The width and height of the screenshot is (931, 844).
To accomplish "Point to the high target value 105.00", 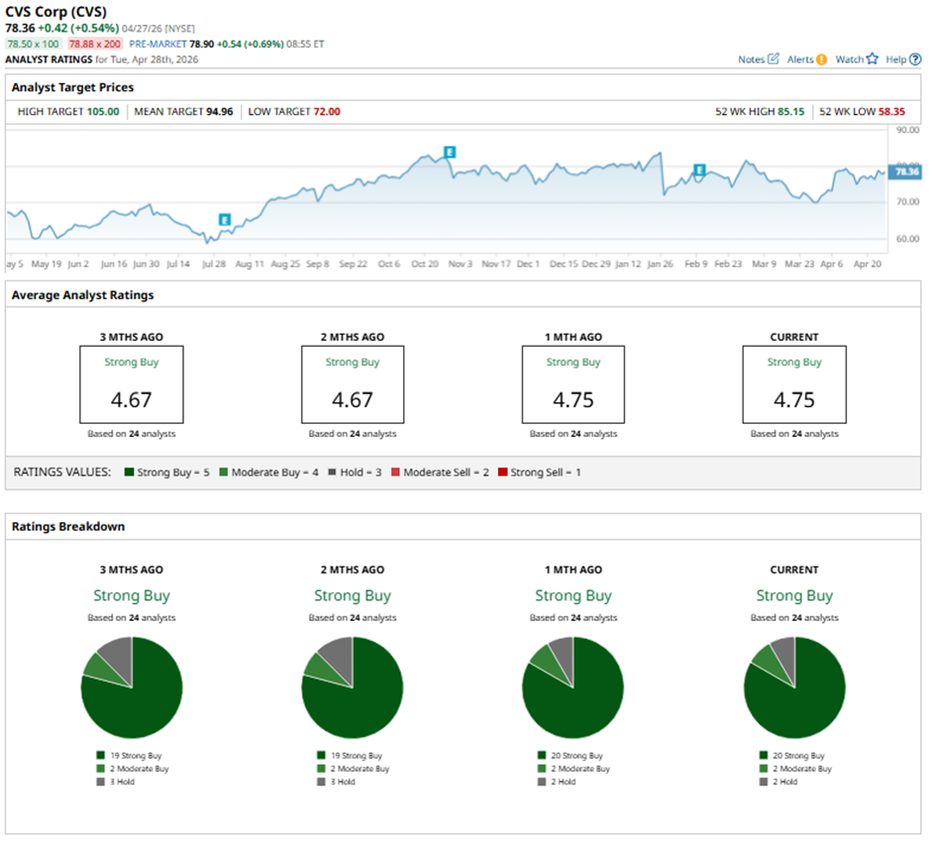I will pos(102,111).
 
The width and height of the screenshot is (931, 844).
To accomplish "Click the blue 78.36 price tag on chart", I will pos(905,171).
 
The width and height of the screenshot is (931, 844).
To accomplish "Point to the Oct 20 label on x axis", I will pos(425,264).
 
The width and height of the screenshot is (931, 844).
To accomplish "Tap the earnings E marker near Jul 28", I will pos(225,220).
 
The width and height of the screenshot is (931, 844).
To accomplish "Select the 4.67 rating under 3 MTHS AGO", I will pos(132,399).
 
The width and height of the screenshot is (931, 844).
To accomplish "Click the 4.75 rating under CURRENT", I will pos(794,399).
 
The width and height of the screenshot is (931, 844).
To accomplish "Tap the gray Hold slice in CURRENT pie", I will pos(783,654).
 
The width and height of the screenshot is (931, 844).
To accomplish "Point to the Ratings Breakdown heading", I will pos(69,526).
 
